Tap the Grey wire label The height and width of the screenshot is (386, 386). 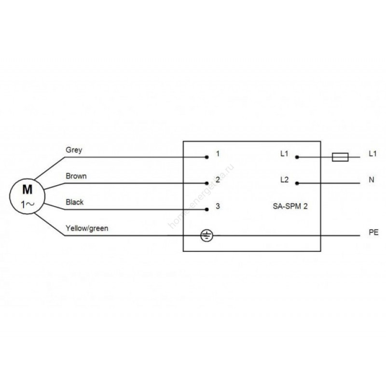[74, 150]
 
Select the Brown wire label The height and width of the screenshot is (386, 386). [76, 176]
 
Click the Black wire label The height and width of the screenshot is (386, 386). [75, 202]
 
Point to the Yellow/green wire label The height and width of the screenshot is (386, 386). [87, 228]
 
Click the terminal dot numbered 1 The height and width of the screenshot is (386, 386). [207, 157]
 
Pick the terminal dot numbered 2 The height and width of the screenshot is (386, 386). [207, 183]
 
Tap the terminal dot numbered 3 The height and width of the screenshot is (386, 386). [207, 209]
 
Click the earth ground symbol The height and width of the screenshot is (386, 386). [207, 235]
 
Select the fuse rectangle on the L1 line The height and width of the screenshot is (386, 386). [340, 157]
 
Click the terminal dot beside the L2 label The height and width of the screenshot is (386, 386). [297, 183]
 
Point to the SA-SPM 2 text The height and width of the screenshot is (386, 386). [290, 206]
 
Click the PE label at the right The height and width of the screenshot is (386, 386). [373, 233]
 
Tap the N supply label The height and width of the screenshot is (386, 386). [372, 180]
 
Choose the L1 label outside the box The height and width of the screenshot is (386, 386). [372, 154]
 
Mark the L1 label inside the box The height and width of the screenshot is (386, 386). [284, 154]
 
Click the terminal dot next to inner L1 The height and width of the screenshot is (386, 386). [297, 157]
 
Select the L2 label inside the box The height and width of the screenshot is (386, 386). [285, 180]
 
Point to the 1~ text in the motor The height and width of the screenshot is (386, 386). [28, 204]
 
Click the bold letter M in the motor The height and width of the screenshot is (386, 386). [28, 190]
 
